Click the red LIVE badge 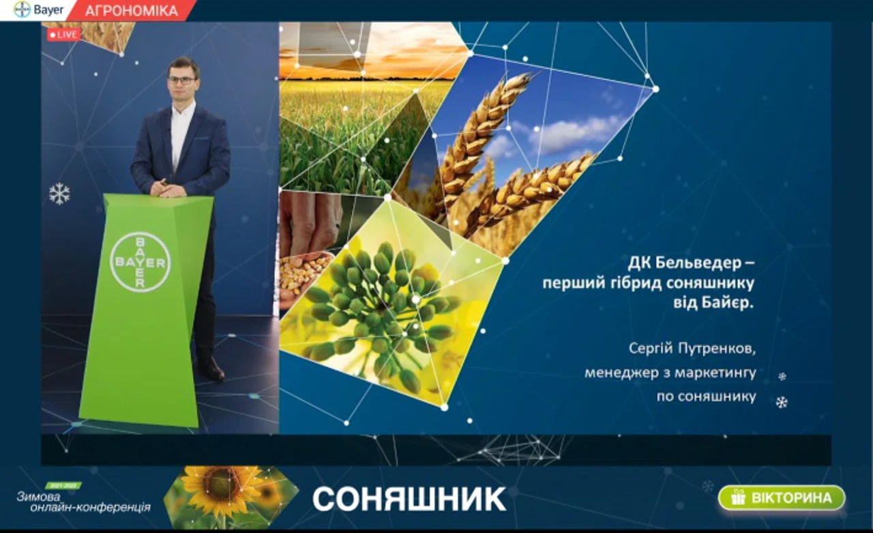(63, 35)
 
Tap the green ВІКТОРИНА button (782, 498)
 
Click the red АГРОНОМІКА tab (132, 10)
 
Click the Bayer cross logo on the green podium (140, 262)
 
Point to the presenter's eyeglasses (181, 81)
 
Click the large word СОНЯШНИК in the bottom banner (409, 499)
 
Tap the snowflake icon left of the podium (59, 194)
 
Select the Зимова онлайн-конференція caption (83, 502)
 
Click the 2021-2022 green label (63, 486)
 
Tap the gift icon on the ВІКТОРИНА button (738, 497)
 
